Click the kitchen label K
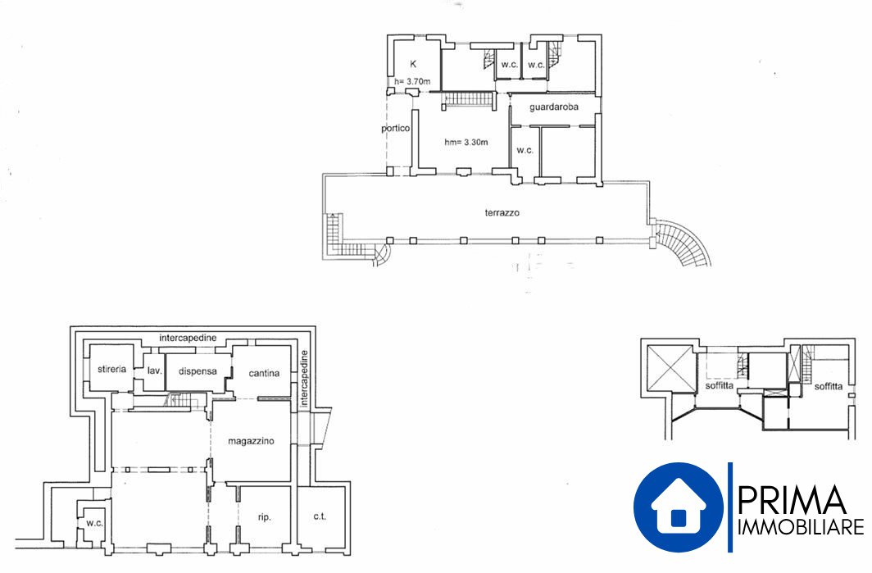[x=413, y=64]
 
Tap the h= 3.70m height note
[x=412, y=81]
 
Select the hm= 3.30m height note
[x=466, y=142]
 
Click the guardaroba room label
[x=554, y=107]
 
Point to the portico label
[x=395, y=129]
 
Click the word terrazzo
[x=502, y=212]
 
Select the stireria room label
[x=111, y=369]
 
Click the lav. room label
[x=155, y=370]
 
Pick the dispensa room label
[x=198, y=371]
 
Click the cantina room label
[x=264, y=373]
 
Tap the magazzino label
[x=251, y=441]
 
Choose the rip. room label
[x=264, y=517]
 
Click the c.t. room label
[x=320, y=516]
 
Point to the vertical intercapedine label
[x=304, y=380]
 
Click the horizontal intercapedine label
[x=188, y=338]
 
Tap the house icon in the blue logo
[x=679, y=506]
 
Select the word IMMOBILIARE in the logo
[x=800, y=527]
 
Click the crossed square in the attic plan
[x=670, y=368]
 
